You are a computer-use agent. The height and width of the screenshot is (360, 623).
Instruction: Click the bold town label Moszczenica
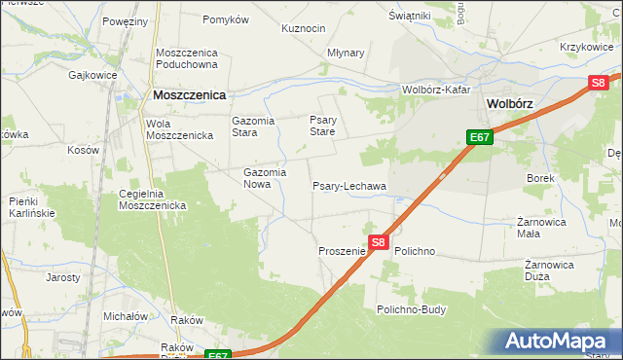pyautogui.click(x=189, y=95)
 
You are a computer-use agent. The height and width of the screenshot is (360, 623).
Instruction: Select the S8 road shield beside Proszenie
pyautogui.click(x=379, y=242)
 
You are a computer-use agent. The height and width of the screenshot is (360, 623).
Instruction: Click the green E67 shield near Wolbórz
pyautogui.click(x=479, y=138)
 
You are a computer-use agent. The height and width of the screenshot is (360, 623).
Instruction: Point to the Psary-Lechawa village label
pyautogui.click(x=348, y=186)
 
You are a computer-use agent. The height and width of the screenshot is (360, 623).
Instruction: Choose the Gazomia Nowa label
pyautogui.click(x=264, y=178)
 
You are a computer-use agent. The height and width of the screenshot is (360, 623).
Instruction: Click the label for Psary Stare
pyautogui.click(x=322, y=126)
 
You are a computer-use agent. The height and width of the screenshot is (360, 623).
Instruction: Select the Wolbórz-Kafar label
pyautogui.click(x=436, y=90)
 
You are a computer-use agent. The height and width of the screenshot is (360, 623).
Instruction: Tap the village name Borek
pyautogui.click(x=540, y=179)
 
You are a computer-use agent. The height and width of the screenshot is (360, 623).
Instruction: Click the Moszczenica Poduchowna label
pyautogui.click(x=189, y=58)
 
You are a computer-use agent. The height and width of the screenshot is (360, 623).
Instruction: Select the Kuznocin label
pyautogui.click(x=303, y=28)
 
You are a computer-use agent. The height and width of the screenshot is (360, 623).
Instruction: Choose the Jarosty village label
pyautogui.click(x=63, y=277)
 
